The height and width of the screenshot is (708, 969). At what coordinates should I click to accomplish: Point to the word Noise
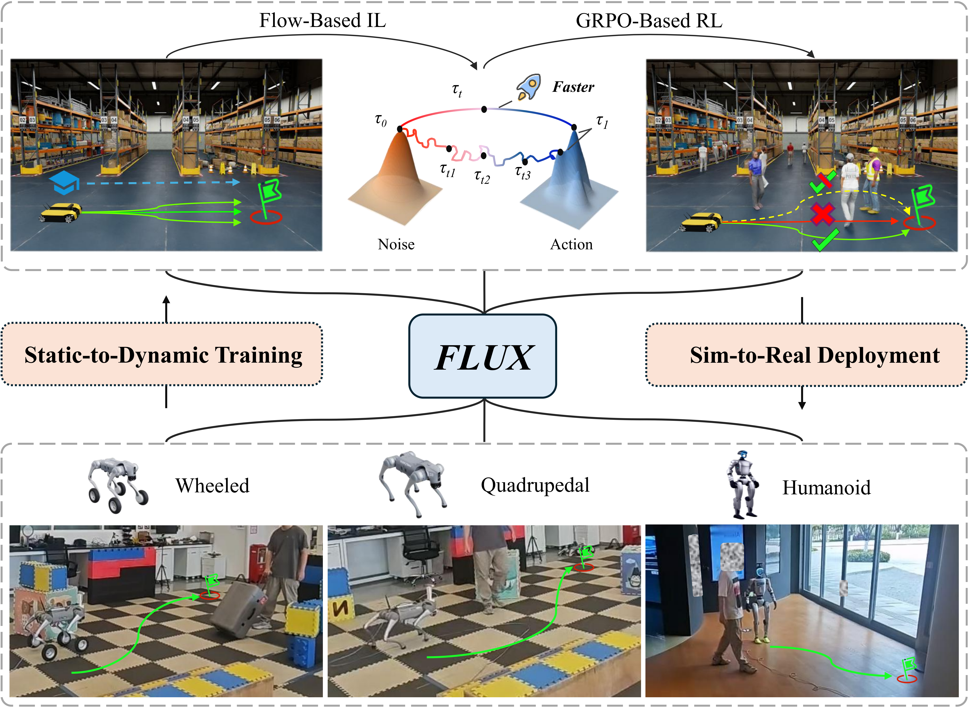tap(396, 244)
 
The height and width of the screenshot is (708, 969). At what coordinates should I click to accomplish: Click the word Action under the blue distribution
tap(571, 244)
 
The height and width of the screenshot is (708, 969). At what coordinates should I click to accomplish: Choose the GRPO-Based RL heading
tap(649, 21)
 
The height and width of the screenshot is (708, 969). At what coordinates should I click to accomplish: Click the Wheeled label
tap(212, 486)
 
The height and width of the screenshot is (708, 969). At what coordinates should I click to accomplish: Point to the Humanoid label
tap(826, 488)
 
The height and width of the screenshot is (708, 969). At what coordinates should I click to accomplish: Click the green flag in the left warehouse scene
tap(269, 193)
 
